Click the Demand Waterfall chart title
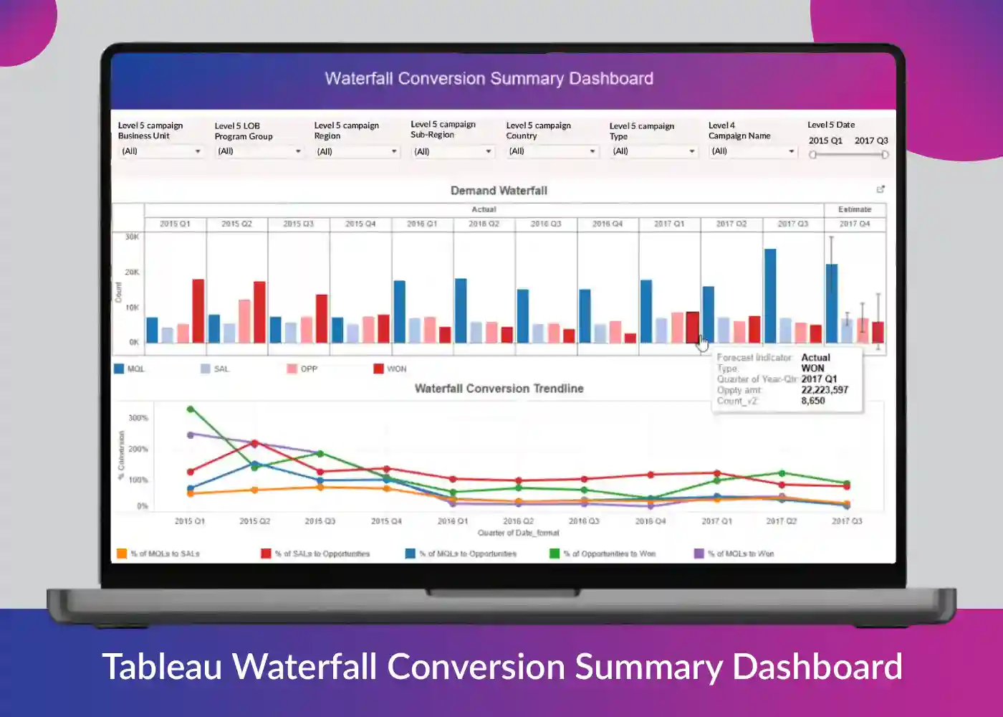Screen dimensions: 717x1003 click(499, 191)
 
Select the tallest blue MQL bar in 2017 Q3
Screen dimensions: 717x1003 click(770, 295)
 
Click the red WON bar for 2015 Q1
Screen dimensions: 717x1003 click(198, 310)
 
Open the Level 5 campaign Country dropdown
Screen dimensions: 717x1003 click(552, 151)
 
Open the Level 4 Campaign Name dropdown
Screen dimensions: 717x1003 click(753, 151)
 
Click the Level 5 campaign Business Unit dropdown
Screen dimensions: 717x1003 click(160, 151)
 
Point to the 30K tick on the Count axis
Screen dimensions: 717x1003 click(132, 237)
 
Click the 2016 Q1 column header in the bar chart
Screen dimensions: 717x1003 click(422, 224)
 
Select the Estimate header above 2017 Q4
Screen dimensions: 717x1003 click(855, 209)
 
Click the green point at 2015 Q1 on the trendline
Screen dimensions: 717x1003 click(191, 409)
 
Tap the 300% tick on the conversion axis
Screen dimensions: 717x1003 click(138, 418)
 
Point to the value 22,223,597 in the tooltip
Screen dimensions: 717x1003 click(825, 390)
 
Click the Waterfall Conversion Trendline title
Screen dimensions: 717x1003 click(499, 389)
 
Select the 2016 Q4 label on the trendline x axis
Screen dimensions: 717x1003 click(650, 521)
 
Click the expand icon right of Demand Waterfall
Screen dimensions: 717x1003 click(880, 189)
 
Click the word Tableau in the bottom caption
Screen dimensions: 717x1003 click(162, 666)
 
